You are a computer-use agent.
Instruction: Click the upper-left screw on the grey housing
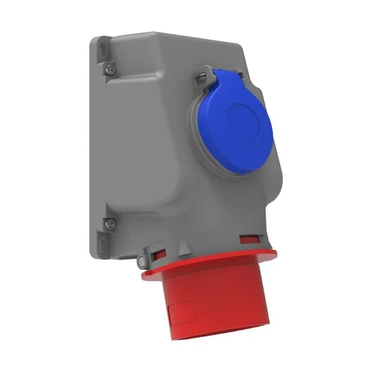click(110, 69)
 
